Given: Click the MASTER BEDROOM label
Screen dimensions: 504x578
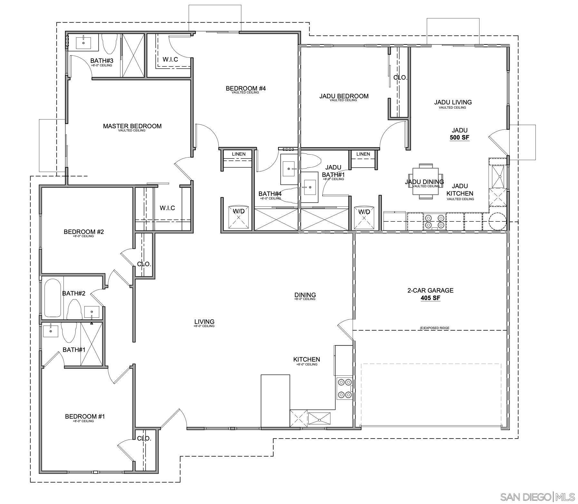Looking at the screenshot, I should click(x=132, y=126).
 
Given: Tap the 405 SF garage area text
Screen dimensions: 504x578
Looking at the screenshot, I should click(x=430, y=298).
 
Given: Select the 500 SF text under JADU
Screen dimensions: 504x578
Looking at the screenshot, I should click(x=459, y=138).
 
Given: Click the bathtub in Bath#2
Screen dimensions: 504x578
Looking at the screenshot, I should click(x=53, y=298).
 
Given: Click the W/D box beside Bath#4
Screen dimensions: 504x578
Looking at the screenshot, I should click(x=239, y=217).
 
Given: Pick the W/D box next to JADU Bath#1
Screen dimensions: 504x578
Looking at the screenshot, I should click(x=364, y=217).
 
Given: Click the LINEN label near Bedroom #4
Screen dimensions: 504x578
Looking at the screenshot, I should click(x=238, y=154).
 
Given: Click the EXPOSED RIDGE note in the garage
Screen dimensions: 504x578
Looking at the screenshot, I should click(x=434, y=328).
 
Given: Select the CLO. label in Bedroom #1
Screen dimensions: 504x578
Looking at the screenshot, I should click(x=144, y=439).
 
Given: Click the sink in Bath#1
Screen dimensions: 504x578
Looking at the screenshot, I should click(x=51, y=331).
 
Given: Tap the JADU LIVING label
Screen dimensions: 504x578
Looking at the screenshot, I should click(x=453, y=102).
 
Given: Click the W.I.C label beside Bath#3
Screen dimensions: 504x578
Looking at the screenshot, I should click(x=170, y=60).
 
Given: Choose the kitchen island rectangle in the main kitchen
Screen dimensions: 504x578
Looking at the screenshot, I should click(x=275, y=401).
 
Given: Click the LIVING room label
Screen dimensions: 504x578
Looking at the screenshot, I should click(x=204, y=322).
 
